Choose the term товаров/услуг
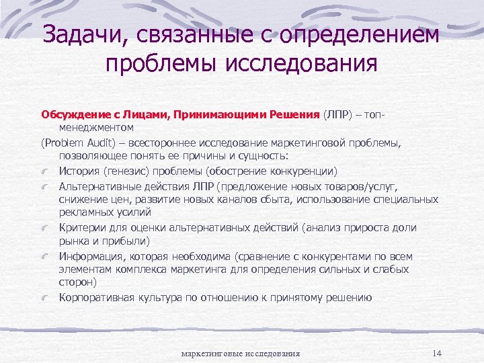tap(360, 186)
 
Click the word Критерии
tap(81, 228)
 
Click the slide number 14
tap(437, 353)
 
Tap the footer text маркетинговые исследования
tap(241, 354)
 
